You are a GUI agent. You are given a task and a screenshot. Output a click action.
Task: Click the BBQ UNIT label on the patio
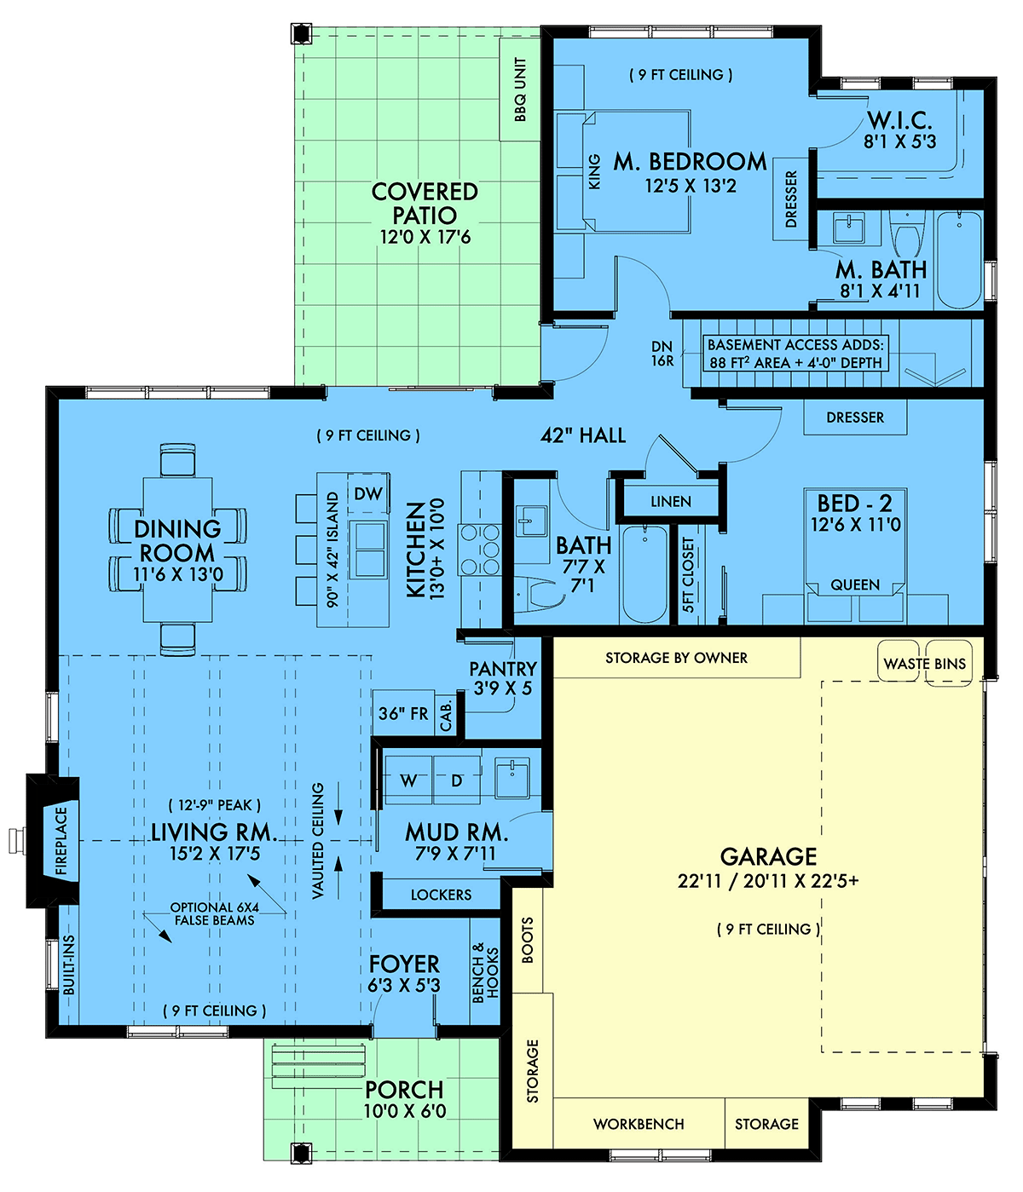[520, 89]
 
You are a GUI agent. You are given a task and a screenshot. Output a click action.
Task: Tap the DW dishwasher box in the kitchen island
[368, 493]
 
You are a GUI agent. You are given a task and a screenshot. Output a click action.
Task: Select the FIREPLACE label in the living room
[61, 840]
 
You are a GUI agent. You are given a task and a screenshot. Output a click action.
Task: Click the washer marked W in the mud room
[408, 780]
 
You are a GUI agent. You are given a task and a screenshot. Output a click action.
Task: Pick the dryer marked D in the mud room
[456, 780]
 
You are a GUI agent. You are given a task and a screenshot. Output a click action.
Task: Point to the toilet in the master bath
[906, 233]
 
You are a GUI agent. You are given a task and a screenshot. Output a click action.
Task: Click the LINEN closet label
[670, 502]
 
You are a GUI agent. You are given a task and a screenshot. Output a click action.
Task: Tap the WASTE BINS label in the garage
[924, 664]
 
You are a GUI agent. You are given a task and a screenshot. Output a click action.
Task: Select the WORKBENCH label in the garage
[639, 1124]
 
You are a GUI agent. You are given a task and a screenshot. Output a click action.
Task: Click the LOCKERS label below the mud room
[441, 895]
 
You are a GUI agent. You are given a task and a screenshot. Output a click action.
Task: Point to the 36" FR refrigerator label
[403, 714]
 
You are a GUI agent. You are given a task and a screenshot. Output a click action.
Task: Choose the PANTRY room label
[503, 669]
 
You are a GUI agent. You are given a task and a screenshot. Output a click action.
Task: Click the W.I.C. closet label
[899, 120]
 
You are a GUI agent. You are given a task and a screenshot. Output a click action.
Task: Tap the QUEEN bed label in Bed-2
[855, 584]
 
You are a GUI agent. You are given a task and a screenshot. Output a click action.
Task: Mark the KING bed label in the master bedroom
[594, 171]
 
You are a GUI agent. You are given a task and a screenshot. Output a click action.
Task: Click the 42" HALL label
[583, 435]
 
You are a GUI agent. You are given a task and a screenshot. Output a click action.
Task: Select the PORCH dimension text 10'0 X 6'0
[404, 1111]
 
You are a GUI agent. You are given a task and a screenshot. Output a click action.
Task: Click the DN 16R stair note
[662, 354]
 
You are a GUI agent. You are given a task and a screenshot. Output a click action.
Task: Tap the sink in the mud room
[512, 778]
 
